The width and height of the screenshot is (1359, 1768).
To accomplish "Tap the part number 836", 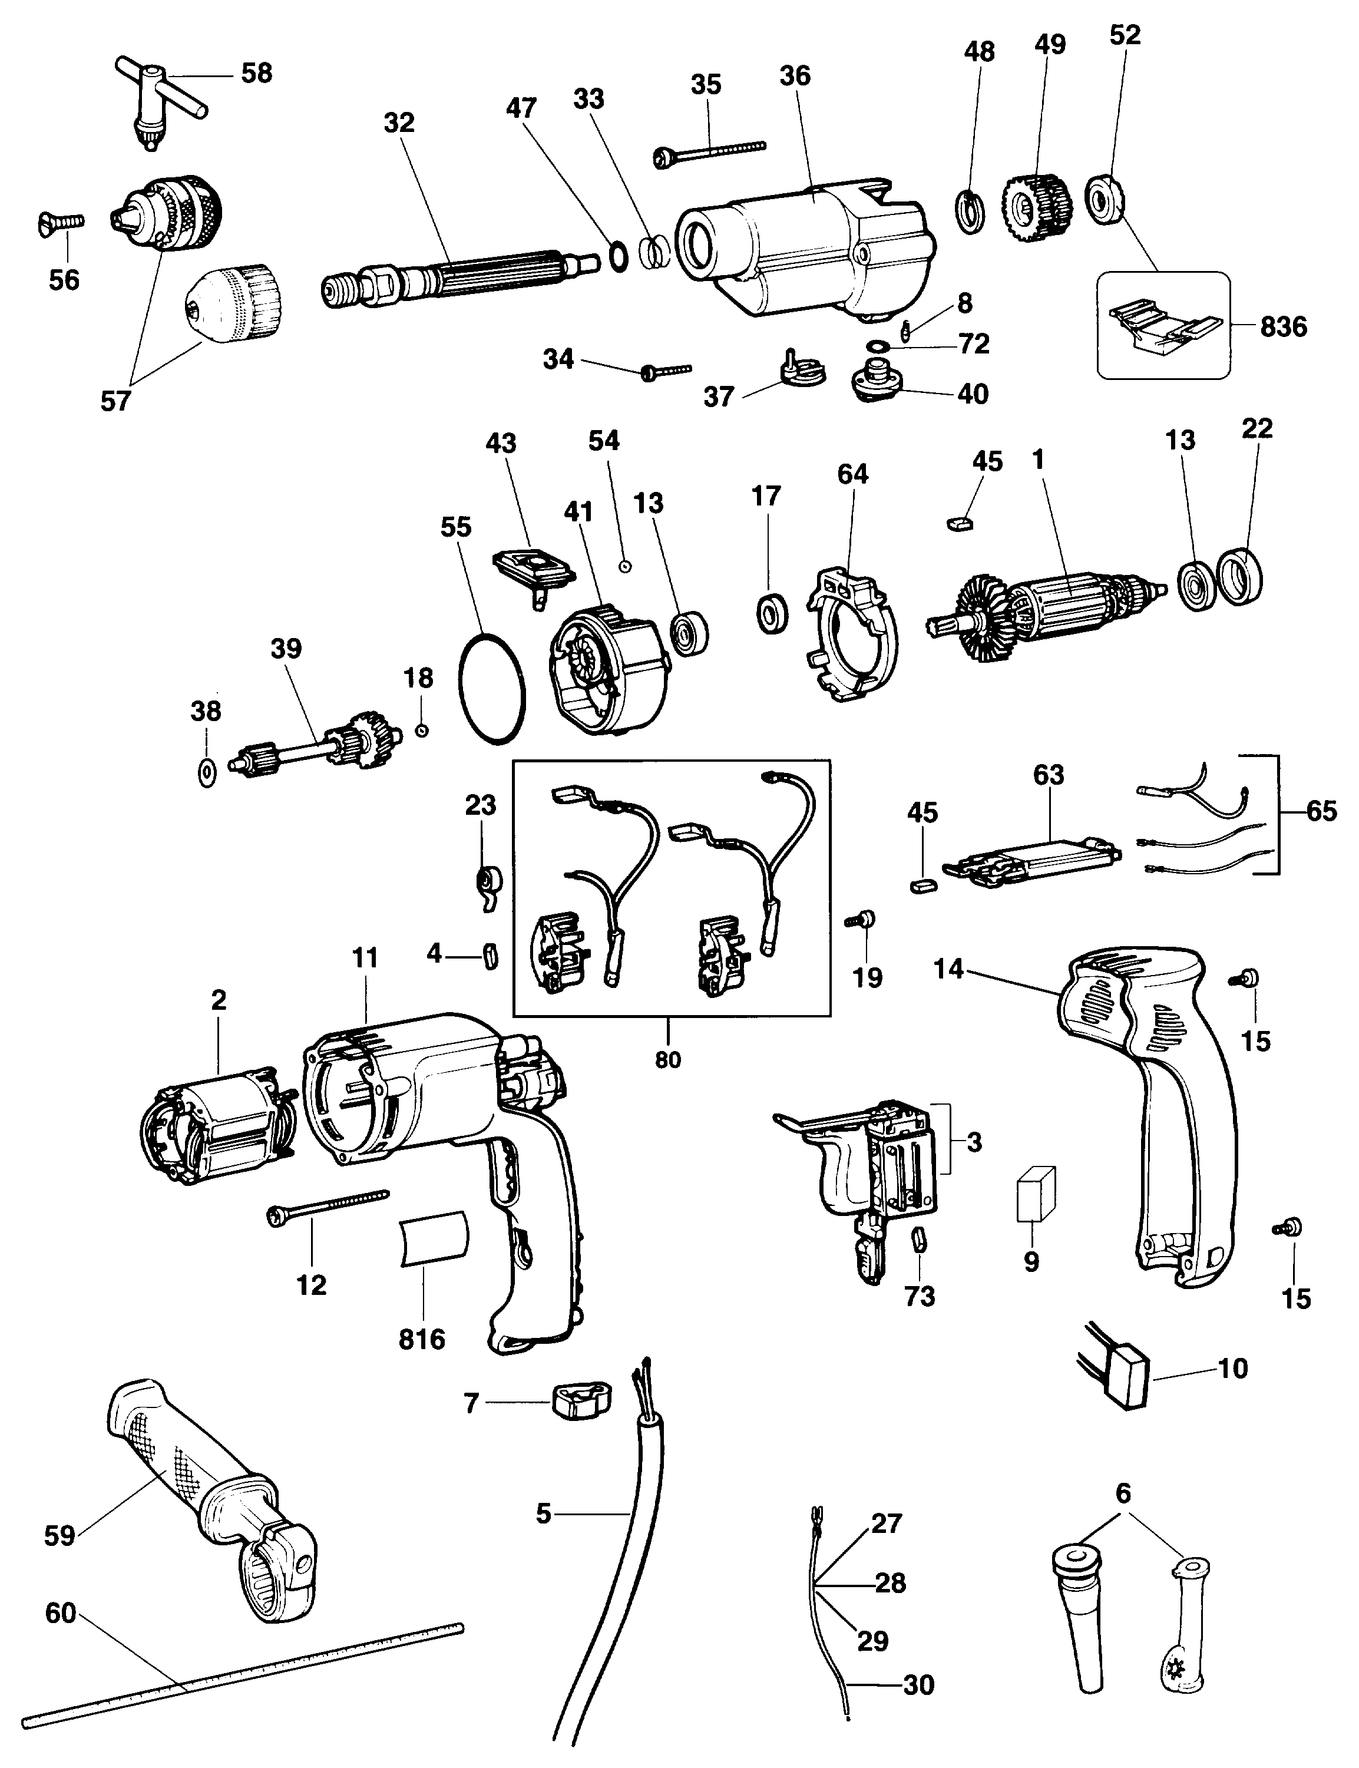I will (x=1283, y=327).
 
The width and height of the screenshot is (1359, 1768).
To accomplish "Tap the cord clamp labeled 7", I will (x=581, y=1401).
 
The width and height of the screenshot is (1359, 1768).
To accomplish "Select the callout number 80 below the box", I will (x=667, y=1059).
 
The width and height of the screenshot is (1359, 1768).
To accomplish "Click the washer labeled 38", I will (x=206, y=772).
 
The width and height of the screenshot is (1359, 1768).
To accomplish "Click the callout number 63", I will (x=1049, y=775).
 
